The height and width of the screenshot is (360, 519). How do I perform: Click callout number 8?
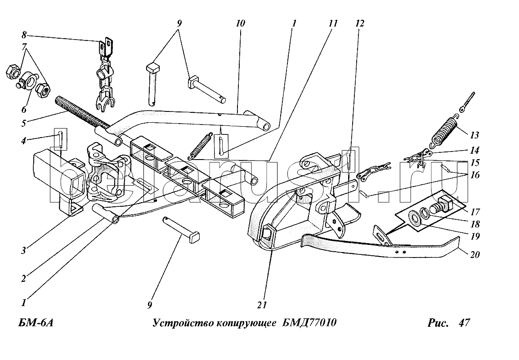[24, 34]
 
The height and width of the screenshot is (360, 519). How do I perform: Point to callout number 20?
[474, 255]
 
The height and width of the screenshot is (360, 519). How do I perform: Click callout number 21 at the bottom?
[263, 305]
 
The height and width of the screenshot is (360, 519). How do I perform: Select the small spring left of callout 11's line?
[201, 145]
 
